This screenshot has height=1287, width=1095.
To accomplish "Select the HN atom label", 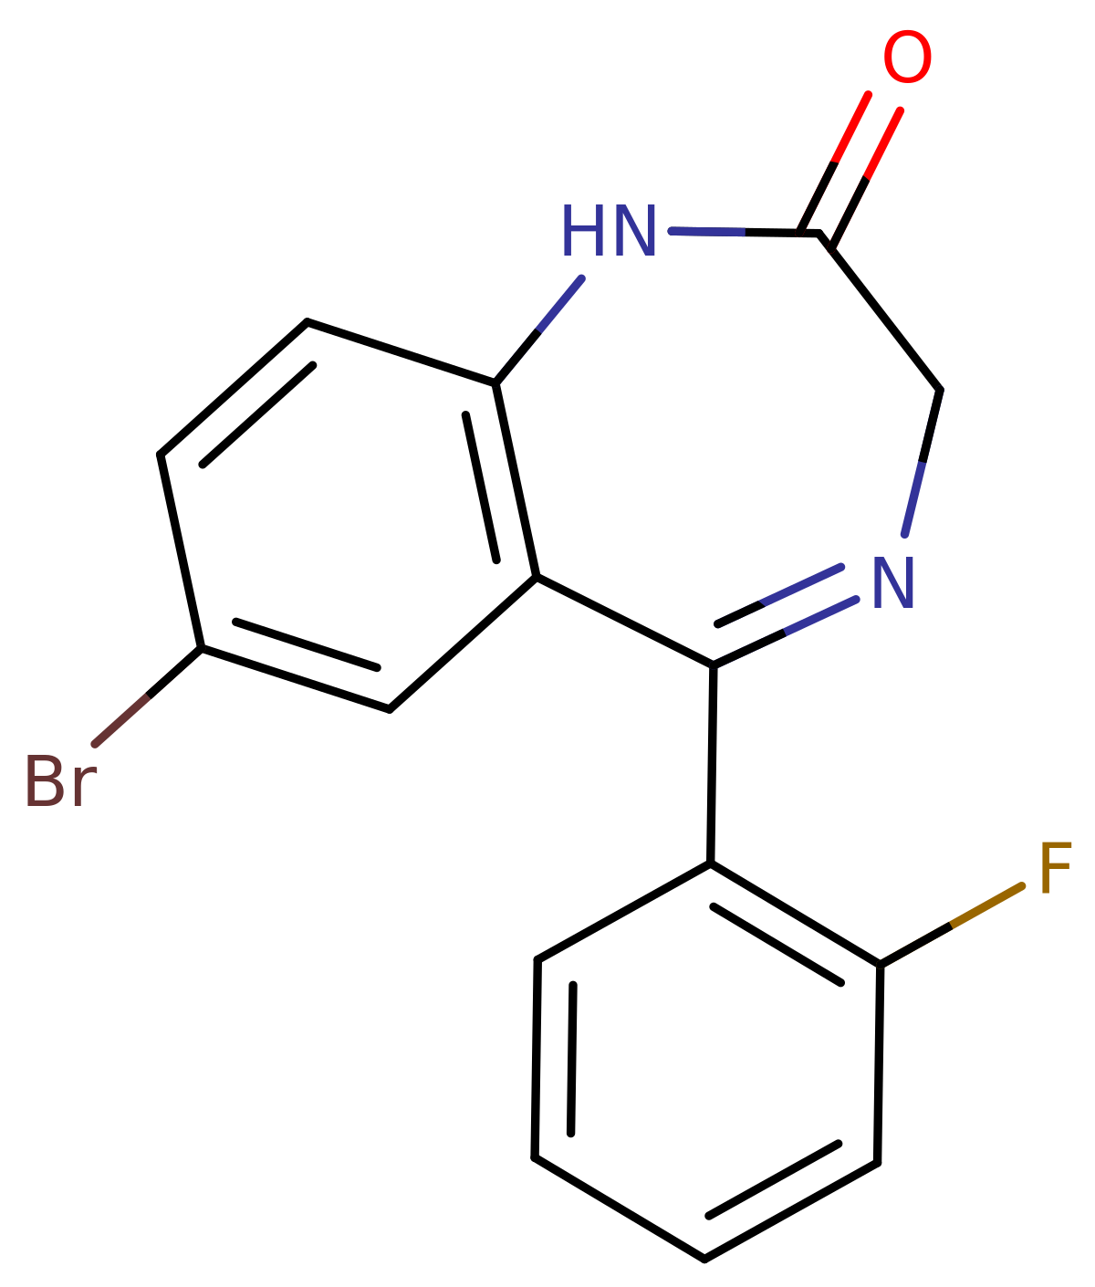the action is [609, 231].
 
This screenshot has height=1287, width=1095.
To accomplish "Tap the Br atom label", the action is [60, 780].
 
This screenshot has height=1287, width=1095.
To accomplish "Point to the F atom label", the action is [1055, 868].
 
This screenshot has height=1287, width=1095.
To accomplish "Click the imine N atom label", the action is [893, 582].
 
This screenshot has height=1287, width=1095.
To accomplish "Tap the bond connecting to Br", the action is [148, 696].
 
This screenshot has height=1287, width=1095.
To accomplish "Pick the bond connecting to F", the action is [951, 926].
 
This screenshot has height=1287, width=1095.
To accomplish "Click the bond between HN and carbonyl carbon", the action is [745, 232].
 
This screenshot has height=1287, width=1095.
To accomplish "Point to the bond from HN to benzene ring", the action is [539, 330].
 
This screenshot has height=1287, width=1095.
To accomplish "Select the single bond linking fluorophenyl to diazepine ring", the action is [712, 765].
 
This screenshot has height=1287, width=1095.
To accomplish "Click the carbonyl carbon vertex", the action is [819, 234].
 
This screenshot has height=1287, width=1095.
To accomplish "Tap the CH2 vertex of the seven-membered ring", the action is [940, 391].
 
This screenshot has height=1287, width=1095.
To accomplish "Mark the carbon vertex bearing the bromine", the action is [201, 648].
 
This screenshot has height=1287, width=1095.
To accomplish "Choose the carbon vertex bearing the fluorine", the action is [880, 966].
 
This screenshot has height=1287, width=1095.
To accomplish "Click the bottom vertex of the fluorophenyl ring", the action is [704, 1260].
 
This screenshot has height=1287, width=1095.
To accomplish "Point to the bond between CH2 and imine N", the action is [922, 463].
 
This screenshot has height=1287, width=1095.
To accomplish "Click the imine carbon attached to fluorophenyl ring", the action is [714, 665].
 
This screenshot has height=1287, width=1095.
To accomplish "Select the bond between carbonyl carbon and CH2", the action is [880, 312].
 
